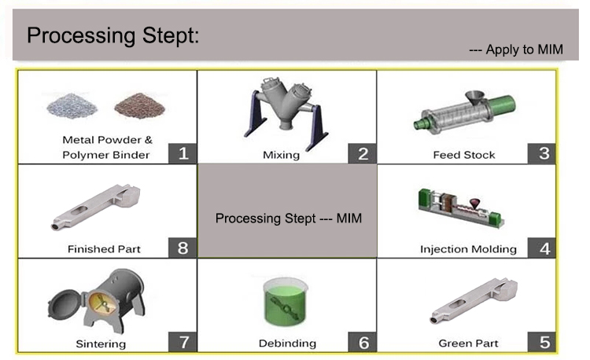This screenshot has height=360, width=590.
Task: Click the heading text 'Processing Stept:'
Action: tap(113, 35)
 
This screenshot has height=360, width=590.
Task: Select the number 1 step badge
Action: tap(183, 152)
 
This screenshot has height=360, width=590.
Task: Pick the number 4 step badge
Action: tap(544, 248)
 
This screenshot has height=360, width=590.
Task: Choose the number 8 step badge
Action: tap(183, 248)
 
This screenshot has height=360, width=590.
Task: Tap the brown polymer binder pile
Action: tap(137, 105)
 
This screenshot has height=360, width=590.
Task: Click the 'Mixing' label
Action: tap(281, 155)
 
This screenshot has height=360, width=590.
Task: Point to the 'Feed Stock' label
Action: tap(464, 155)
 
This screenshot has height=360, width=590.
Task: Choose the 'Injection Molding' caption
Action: tap(468, 249)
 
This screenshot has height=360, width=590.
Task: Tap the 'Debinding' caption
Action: tap(287, 343)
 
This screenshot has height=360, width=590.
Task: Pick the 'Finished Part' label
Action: tap(104, 249)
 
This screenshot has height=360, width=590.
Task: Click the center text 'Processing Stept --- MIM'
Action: tap(289, 218)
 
